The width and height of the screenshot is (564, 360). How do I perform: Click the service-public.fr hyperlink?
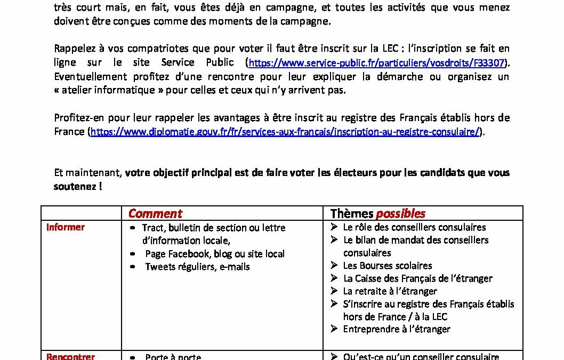click(377, 63)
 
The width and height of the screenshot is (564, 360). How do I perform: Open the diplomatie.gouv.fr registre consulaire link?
click(285, 132)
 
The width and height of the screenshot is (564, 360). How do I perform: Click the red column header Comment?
click(155, 214)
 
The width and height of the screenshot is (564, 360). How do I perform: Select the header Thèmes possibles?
click(377, 214)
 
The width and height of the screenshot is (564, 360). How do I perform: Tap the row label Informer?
click(66, 227)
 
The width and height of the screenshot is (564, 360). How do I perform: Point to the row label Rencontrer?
click(70, 356)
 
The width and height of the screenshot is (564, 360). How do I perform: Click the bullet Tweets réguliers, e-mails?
click(197, 267)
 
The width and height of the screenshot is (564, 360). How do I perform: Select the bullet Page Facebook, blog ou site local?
click(215, 254)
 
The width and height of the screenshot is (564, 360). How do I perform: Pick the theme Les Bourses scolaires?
click(388, 266)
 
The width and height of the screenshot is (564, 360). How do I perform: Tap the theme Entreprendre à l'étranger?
click(397, 329)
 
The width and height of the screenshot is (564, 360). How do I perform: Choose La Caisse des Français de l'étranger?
click(417, 278)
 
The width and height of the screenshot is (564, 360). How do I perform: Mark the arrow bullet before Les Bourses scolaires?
click(334, 266)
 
